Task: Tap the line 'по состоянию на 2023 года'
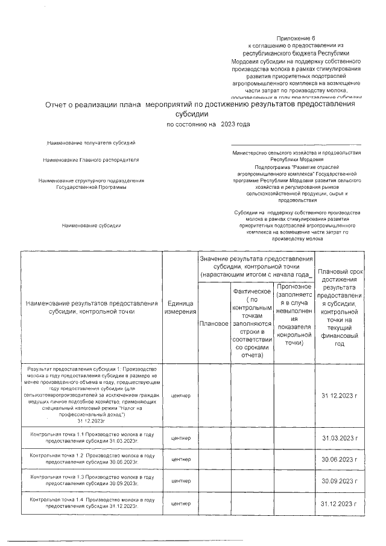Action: point(208,124)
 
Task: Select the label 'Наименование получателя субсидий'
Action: point(91,143)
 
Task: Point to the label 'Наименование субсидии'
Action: point(91,226)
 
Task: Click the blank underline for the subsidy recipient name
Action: point(296,144)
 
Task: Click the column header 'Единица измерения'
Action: point(180,307)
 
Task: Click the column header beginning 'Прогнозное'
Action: point(293,314)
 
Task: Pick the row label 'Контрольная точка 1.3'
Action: point(91,480)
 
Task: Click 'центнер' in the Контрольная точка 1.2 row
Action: point(180,459)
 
